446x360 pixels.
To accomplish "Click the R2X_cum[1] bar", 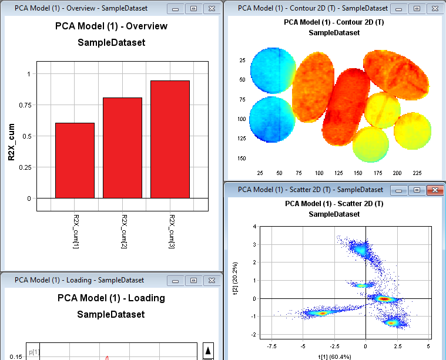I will click(x=75, y=160).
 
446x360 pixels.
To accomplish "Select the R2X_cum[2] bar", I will click(x=123, y=147).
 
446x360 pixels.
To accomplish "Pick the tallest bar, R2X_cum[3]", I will click(x=170, y=139).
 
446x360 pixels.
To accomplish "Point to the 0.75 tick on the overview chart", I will click(x=25, y=105).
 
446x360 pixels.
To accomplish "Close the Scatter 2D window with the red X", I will click(x=434, y=190).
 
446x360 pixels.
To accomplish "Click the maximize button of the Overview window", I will click(x=192, y=9).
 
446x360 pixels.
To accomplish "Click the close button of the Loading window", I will click(x=210, y=280).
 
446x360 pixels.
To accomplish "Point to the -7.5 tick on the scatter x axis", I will click(x=272, y=346).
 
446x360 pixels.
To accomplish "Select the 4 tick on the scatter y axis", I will click(x=254, y=226).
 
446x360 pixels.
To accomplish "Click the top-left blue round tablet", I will click(x=273, y=70).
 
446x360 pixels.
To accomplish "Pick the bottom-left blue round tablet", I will click(x=273, y=118).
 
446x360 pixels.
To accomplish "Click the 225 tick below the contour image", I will click(x=418, y=173).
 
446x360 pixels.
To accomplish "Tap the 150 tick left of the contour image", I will click(x=242, y=158).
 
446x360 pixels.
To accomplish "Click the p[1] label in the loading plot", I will click(x=34, y=351).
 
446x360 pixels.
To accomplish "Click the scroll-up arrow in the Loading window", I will click(x=208, y=351).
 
